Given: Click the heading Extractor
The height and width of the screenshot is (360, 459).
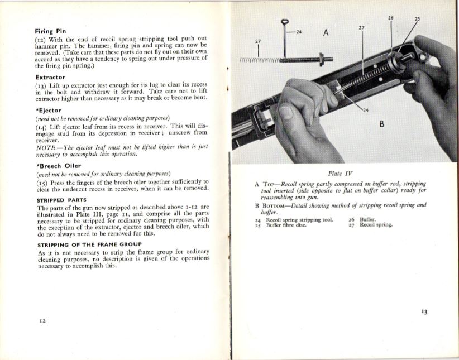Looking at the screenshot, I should [x=50, y=77].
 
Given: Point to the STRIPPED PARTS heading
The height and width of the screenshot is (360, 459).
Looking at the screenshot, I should [x=61, y=200].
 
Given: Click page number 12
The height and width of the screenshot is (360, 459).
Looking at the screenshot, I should [x=42, y=321].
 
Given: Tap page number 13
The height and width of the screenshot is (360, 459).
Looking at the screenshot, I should [x=424, y=311].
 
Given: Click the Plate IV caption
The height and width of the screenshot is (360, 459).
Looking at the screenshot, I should [x=341, y=174].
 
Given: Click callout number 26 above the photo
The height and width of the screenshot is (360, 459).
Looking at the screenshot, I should [x=391, y=18].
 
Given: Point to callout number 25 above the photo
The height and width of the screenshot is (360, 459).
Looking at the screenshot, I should [x=417, y=19].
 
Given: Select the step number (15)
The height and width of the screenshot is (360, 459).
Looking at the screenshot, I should [x=42, y=181].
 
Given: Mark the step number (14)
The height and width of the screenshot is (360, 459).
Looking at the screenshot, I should [x=42, y=127].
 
